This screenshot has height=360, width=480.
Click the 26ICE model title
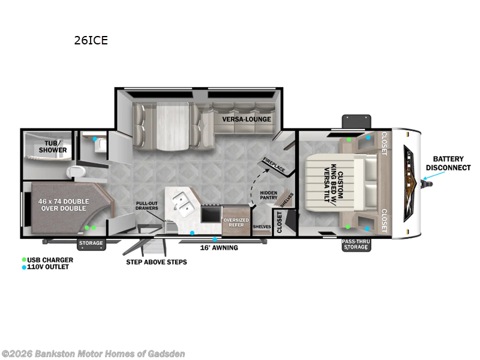[91, 41]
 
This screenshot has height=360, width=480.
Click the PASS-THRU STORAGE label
[355, 245]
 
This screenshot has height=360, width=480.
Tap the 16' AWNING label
[219, 247]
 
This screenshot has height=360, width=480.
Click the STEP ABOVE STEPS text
[156, 262]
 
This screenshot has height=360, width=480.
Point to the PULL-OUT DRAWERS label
[147, 206]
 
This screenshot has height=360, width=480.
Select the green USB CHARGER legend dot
[23, 259]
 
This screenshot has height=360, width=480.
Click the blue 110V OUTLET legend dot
[23, 267]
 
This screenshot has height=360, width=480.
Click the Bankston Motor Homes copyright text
[93, 353]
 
